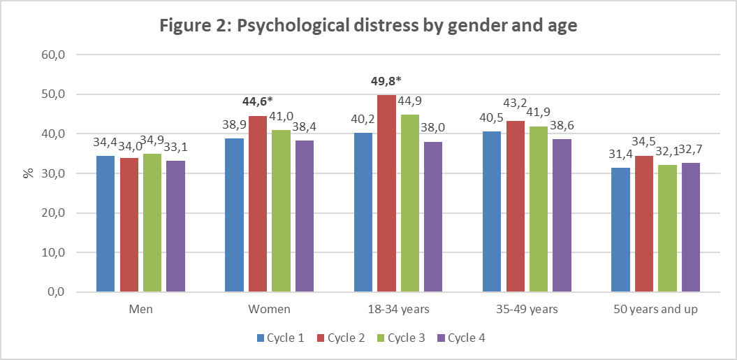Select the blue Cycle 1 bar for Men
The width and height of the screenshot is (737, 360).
105,224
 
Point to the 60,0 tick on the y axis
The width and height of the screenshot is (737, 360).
54,55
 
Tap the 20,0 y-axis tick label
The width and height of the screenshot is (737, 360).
54,213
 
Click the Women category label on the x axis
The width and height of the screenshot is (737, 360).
269,309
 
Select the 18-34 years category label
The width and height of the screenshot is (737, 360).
398,309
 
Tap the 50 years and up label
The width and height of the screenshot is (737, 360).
655,309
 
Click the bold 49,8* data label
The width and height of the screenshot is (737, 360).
386,80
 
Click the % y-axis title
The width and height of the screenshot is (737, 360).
29,173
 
